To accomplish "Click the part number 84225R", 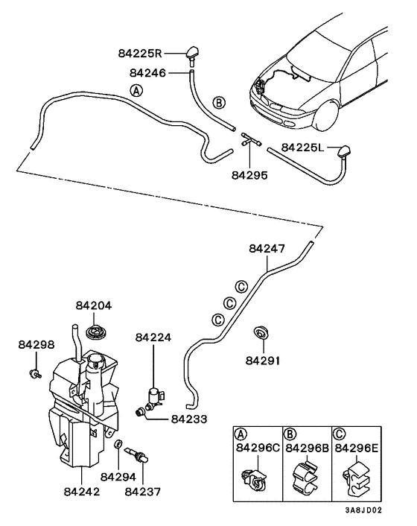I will (x=139, y=54).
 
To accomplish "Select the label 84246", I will (x=148, y=73).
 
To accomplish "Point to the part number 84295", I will (x=249, y=176).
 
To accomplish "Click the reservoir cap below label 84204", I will (x=95, y=331).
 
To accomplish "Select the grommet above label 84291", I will (x=261, y=332).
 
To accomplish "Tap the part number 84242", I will (x=82, y=492).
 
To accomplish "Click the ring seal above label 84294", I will (x=118, y=446).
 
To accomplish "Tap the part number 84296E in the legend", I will (x=357, y=448).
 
